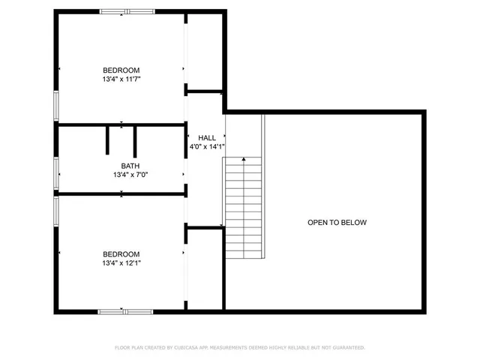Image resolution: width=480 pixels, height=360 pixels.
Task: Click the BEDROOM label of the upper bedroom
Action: pos(121,70)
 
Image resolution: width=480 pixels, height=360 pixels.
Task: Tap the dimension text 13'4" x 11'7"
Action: pos(121,79)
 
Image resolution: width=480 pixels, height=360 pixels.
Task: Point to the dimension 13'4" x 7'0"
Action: pos(121,175)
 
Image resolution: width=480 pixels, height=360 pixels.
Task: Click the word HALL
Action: pos(207,138)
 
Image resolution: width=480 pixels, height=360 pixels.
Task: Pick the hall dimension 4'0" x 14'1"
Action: pos(207,147)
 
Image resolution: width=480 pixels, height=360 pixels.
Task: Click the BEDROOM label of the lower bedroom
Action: pos(121,254)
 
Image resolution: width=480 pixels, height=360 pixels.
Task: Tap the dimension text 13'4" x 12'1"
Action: pos(121,263)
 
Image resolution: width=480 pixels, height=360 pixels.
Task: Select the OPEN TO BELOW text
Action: pos(337,223)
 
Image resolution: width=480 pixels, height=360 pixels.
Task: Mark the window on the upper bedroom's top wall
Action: pos(127,11)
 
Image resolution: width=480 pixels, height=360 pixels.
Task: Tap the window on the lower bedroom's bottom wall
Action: pos(125,310)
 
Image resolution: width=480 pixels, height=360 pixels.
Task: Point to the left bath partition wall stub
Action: pos(108,140)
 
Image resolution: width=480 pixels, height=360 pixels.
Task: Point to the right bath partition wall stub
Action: pos(135,140)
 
